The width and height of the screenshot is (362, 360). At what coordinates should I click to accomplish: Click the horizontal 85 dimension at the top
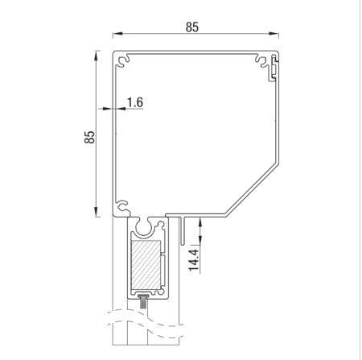coord(191,26)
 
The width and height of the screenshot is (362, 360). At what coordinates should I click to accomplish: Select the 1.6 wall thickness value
coord(134,103)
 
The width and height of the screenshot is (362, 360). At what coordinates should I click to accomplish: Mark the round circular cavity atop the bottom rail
coord(146,227)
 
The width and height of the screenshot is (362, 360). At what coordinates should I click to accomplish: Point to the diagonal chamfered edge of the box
coord(253,190)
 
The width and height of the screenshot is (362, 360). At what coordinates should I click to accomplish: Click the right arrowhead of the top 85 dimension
coord(277,35)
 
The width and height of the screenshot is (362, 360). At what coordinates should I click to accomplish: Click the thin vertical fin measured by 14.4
coord(184,230)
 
